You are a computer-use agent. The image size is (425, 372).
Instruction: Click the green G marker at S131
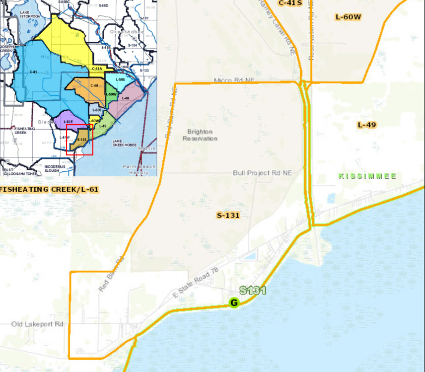point(234,302)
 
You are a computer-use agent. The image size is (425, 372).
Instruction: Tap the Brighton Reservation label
point(200,135)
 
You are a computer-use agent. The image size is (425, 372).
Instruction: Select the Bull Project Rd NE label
point(262,173)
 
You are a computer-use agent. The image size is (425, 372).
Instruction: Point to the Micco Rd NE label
point(233,80)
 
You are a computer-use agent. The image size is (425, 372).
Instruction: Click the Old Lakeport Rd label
point(38,324)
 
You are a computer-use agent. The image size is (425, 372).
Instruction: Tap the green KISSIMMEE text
point(367,176)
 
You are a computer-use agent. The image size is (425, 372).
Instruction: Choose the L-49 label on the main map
point(366,125)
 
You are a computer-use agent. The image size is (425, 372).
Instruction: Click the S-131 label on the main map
point(228,216)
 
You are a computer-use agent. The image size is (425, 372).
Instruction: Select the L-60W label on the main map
point(348,17)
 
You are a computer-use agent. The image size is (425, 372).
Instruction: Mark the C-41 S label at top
point(290,3)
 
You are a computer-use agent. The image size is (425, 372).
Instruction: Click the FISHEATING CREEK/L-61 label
point(49,190)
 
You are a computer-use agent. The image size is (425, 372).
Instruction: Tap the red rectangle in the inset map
point(79,139)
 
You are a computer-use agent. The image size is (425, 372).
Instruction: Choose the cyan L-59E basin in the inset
point(120,80)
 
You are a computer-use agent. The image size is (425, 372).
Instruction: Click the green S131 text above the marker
point(253,291)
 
